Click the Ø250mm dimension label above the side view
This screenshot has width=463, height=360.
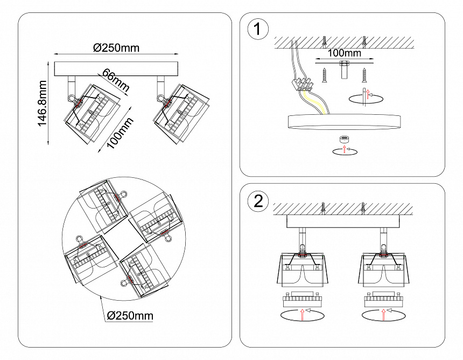[x=116, y=47]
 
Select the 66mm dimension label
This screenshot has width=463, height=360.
[x=115, y=80]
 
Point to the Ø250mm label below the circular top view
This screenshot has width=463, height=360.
[x=129, y=315]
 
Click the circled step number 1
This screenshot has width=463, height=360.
[x=258, y=30]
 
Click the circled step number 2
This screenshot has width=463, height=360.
[x=258, y=202]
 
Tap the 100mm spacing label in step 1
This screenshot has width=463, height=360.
[x=344, y=53]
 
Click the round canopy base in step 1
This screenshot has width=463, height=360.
[x=344, y=122]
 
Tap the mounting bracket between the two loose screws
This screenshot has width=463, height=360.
[x=344, y=70]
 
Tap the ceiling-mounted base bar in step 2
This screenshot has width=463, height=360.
[x=344, y=221]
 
